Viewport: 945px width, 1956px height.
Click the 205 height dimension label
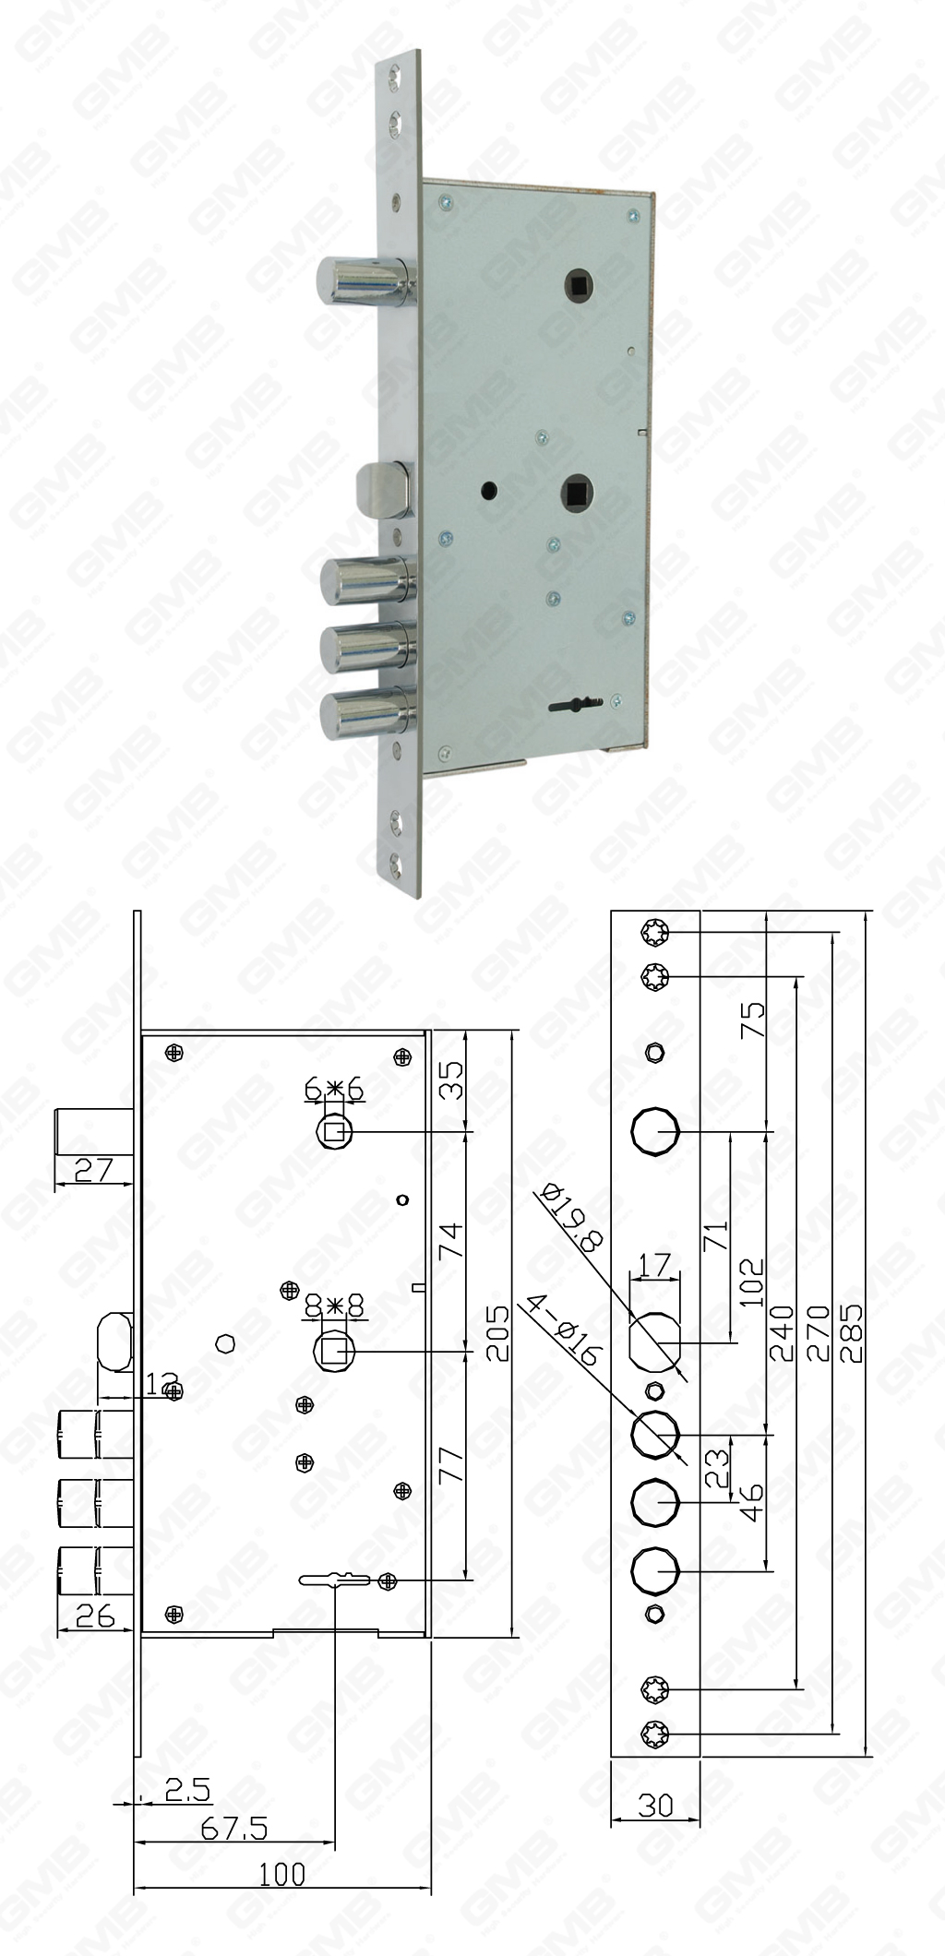pyautogui.click(x=496, y=1333)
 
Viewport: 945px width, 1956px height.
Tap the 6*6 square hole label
pyautogui.click(x=333, y=1090)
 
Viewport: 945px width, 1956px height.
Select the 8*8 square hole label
pyautogui.click(x=334, y=1306)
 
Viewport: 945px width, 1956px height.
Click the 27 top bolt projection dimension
pyautogui.click(x=92, y=1170)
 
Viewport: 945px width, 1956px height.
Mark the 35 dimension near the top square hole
pyautogui.click(x=449, y=1079)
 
